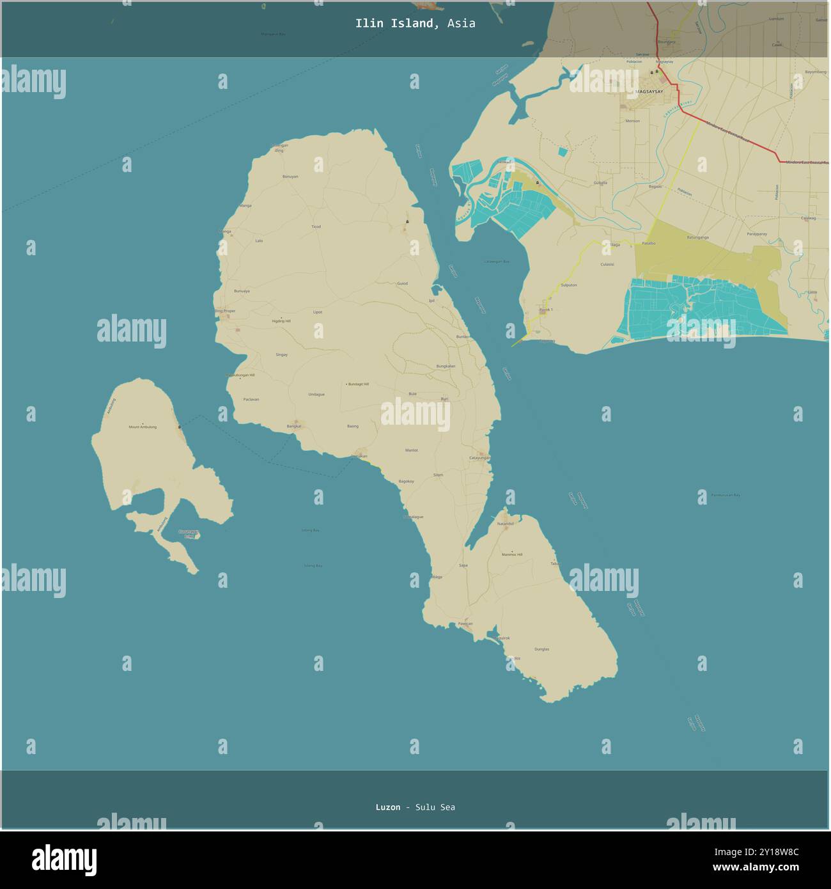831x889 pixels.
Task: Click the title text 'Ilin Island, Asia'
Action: pyautogui.click(x=415, y=24)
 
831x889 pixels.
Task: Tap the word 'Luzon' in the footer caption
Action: pyautogui.click(x=388, y=807)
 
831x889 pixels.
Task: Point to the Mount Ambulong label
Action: pyautogui.click(x=143, y=427)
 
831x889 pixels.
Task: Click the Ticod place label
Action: pyautogui.click(x=316, y=226)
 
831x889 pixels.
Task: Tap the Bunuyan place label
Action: pyautogui.click(x=290, y=177)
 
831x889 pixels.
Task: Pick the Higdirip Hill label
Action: pyautogui.click(x=281, y=321)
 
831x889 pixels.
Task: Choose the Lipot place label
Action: pyautogui.click(x=318, y=312)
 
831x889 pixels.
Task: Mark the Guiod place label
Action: pyautogui.click(x=402, y=283)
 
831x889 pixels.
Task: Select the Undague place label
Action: pyautogui.click(x=316, y=395)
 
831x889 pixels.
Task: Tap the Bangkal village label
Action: pyautogui.click(x=294, y=426)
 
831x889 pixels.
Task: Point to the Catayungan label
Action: pyautogui.click(x=480, y=458)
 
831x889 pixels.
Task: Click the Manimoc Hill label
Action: pyautogui.click(x=512, y=554)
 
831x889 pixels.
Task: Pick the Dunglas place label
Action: pyautogui.click(x=541, y=649)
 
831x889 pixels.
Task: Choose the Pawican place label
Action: pyautogui.click(x=465, y=624)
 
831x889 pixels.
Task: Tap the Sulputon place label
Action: pyautogui.click(x=568, y=285)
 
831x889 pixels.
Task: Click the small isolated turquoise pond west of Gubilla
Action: pyautogui.click(x=562, y=152)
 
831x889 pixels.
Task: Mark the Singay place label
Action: pyautogui.click(x=281, y=354)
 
